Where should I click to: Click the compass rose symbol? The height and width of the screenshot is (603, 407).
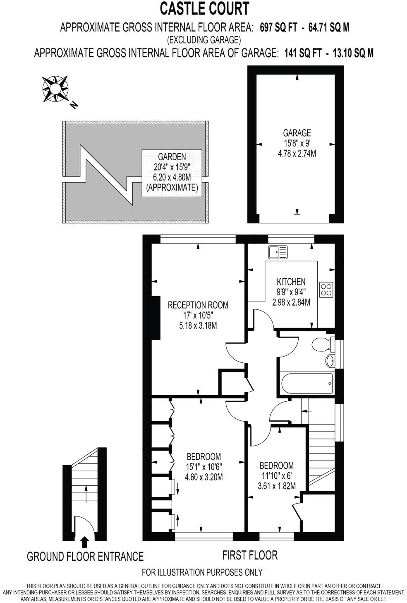[x=55, y=88]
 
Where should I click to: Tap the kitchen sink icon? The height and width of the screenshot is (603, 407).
[x=278, y=252]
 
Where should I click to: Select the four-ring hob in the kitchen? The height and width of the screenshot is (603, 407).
[x=326, y=289]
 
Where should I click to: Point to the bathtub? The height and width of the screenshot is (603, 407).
[x=306, y=384]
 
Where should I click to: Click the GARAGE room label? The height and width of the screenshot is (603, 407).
[x=297, y=133]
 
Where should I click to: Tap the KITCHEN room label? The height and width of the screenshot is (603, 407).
[x=291, y=282]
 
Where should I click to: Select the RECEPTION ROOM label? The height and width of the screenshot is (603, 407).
[x=198, y=305]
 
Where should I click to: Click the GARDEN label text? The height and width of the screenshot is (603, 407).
[x=172, y=157]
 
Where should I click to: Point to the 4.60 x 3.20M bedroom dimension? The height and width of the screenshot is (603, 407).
[x=203, y=477]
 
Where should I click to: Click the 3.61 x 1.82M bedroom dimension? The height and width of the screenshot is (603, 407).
[x=276, y=486]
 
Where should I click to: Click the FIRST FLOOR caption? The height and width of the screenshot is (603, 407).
[x=250, y=555]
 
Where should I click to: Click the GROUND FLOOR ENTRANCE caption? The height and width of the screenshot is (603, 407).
[x=85, y=556]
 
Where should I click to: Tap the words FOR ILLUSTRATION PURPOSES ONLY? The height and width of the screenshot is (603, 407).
[x=202, y=572]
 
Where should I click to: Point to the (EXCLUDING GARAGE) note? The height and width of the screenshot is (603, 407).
[x=204, y=40]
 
